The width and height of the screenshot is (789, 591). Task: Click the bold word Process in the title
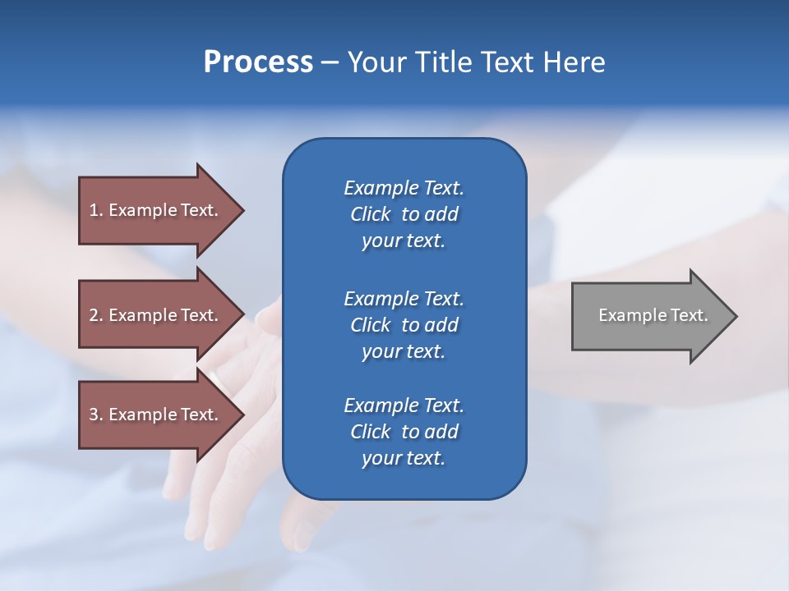pos(258,62)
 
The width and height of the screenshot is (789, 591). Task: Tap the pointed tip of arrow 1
pos(242,210)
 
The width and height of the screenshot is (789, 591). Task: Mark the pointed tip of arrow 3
pos(242,415)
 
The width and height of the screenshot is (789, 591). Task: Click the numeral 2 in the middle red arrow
pos(94,315)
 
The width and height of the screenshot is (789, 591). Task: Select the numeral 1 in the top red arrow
pos(94,210)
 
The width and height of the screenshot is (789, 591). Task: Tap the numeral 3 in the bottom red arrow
pos(94,415)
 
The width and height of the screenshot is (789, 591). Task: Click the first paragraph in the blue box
pos(404,214)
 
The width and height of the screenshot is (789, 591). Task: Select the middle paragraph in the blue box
pos(404,325)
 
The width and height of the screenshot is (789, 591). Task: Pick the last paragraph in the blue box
pos(404,432)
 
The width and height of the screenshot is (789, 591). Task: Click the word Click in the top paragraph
pos(371,214)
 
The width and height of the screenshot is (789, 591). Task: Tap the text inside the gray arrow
pos(653,315)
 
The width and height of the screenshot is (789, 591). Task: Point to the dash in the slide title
pos(330,63)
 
